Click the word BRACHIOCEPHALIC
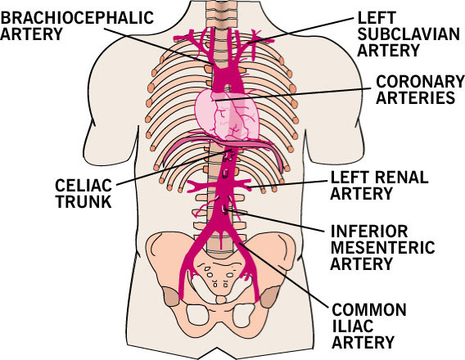pyautogui.click(x=77, y=18)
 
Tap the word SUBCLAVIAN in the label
pyautogui.click(x=409, y=34)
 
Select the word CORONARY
pyautogui.click(x=420, y=81)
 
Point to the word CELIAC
pyautogui.click(x=84, y=186)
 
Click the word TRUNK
pyautogui.click(x=84, y=201)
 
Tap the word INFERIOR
pyautogui.click(x=369, y=231)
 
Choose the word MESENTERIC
pyautogui.click(x=382, y=247)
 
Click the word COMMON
pyautogui.click(x=369, y=310)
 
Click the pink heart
pyautogui.click(x=227, y=115)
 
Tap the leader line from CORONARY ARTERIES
pyautogui.click(x=294, y=95)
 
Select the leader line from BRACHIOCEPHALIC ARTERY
pyautogui.click(x=159, y=46)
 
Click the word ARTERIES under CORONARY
pyautogui.click(x=416, y=97)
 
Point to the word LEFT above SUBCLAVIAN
pyautogui.click(x=377, y=18)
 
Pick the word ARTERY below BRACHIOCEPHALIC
pyautogui.click(x=31, y=34)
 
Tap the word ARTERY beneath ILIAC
pyautogui.click(x=363, y=343)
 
